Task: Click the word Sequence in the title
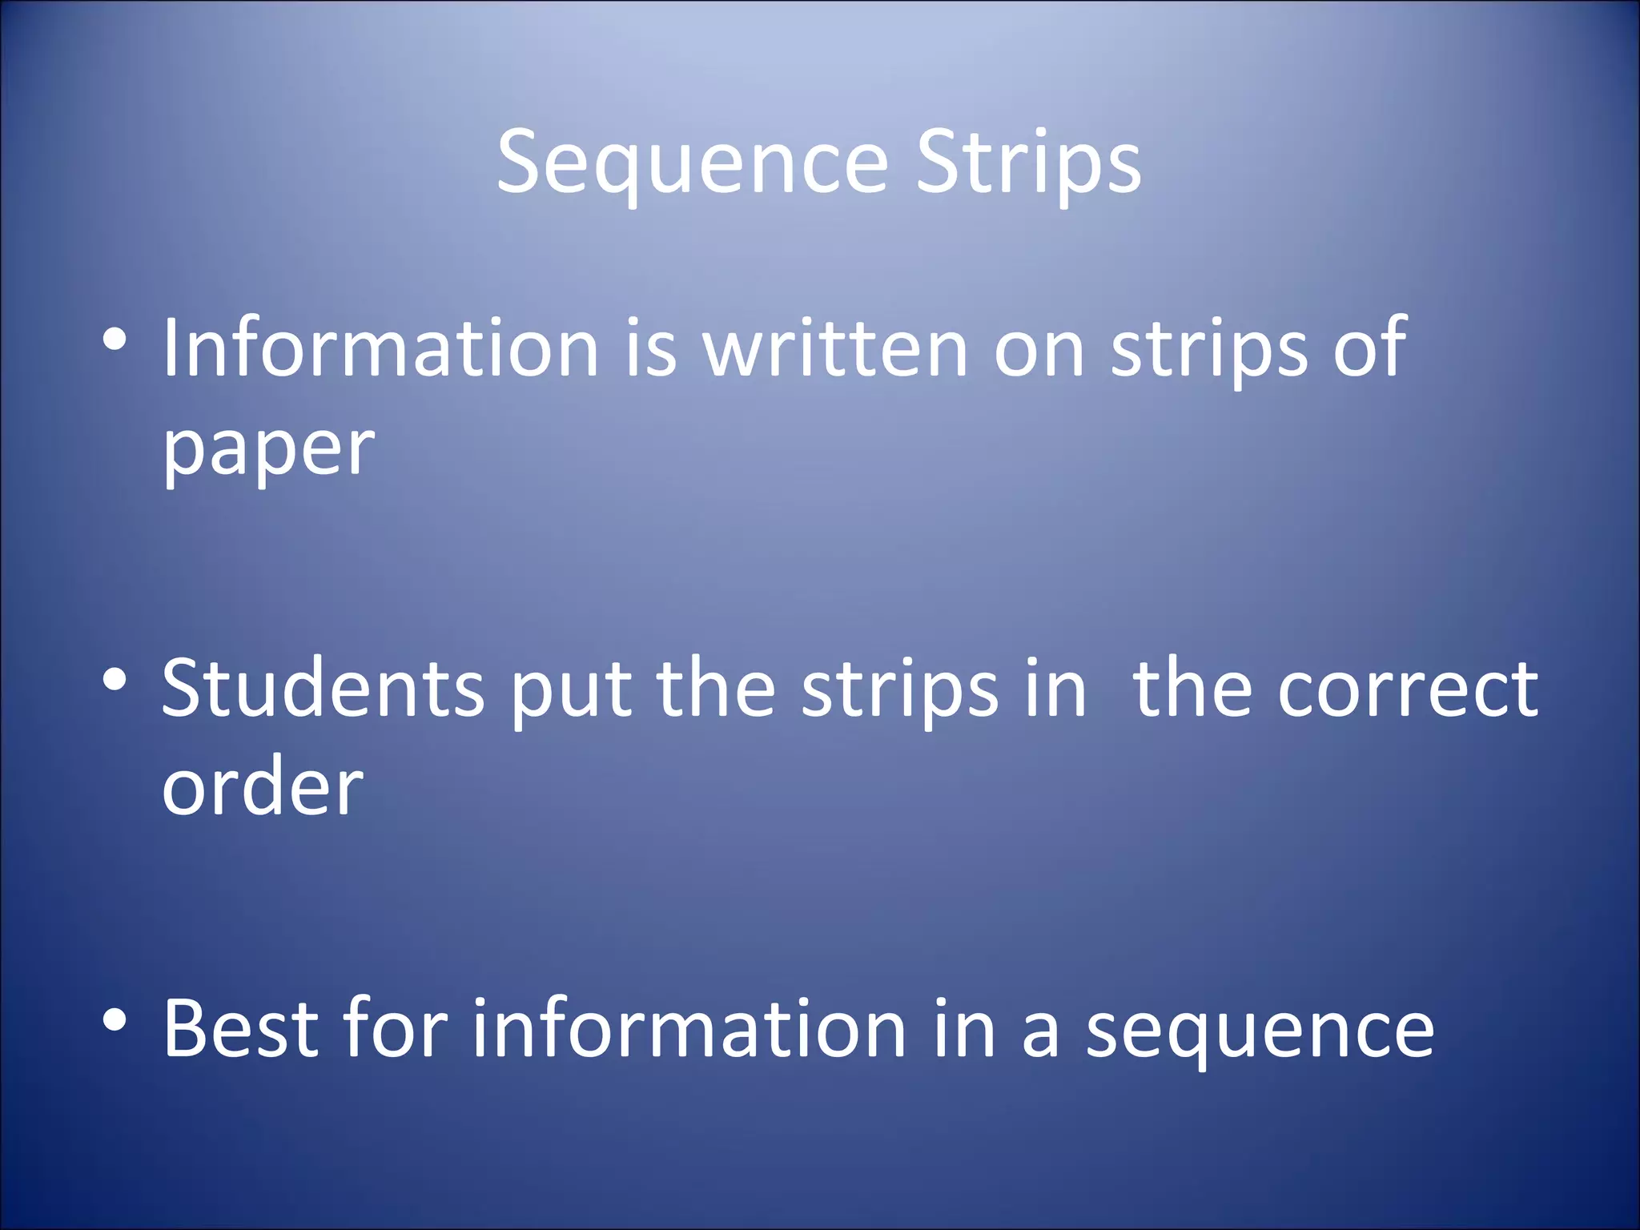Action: [x=693, y=164]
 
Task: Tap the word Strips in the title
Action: [x=1028, y=164]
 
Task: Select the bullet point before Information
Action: [x=115, y=340]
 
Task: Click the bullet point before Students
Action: [x=115, y=681]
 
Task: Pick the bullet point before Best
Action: [x=115, y=1020]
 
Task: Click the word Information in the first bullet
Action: [x=380, y=348]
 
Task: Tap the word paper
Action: [x=268, y=448]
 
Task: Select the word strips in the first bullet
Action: [x=1209, y=348]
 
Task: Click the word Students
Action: [x=323, y=689]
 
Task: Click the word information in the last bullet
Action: [x=689, y=1029]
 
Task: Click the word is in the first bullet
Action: [x=651, y=348]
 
